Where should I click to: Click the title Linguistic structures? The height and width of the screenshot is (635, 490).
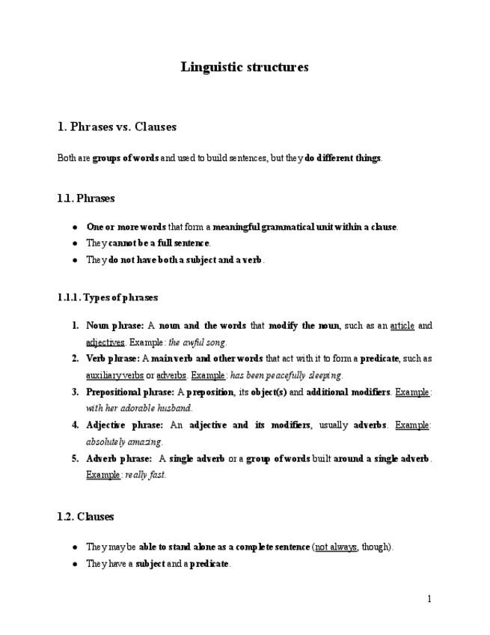pos(245,67)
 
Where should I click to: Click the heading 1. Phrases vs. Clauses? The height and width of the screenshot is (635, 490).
pos(117,127)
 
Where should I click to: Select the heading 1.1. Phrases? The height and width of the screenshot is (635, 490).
pos(86,198)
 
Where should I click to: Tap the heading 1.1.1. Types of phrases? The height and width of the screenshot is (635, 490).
pos(108,297)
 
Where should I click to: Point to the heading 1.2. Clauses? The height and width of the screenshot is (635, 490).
pos(85,517)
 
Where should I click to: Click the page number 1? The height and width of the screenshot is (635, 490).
pos(429,598)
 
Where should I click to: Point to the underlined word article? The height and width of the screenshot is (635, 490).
pos(402,326)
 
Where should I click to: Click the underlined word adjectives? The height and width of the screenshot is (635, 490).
pos(105,341)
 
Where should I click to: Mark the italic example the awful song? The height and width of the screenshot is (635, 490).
pos(198,341)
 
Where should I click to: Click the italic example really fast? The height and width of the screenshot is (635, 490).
pos(146,475)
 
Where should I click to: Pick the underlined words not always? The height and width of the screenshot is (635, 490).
pos(335,547)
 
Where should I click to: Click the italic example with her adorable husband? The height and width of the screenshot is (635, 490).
pos(139,408)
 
